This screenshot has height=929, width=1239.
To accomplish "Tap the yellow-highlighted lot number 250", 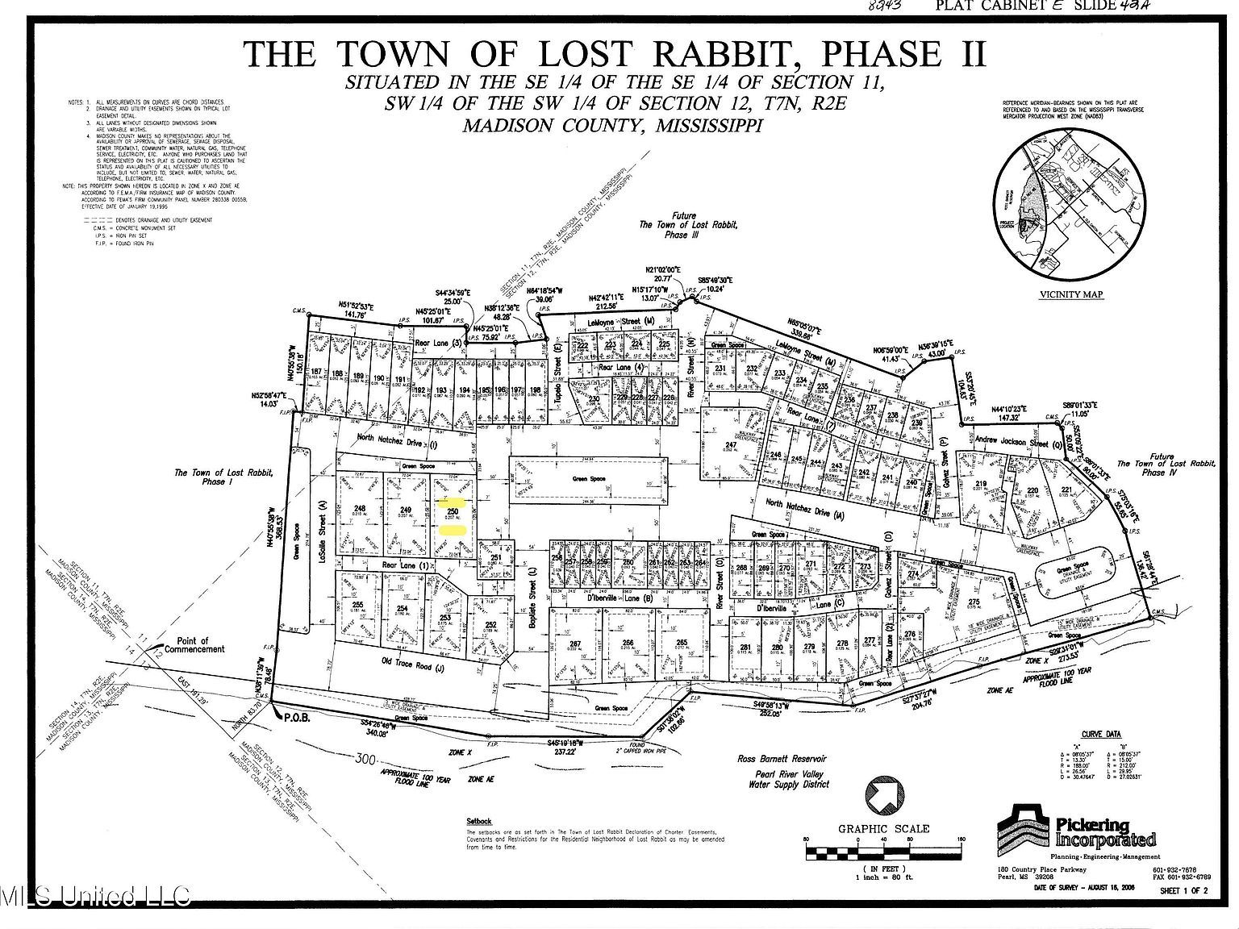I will click(453, 511).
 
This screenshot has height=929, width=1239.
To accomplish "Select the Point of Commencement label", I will click(194, 644).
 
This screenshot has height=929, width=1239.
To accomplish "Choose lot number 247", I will click(731, 445).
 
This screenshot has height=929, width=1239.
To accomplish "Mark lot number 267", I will click(575, 644).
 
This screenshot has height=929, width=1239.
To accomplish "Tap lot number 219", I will click(981, 484).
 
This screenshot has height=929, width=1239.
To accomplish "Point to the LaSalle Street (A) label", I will click(321, 517).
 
